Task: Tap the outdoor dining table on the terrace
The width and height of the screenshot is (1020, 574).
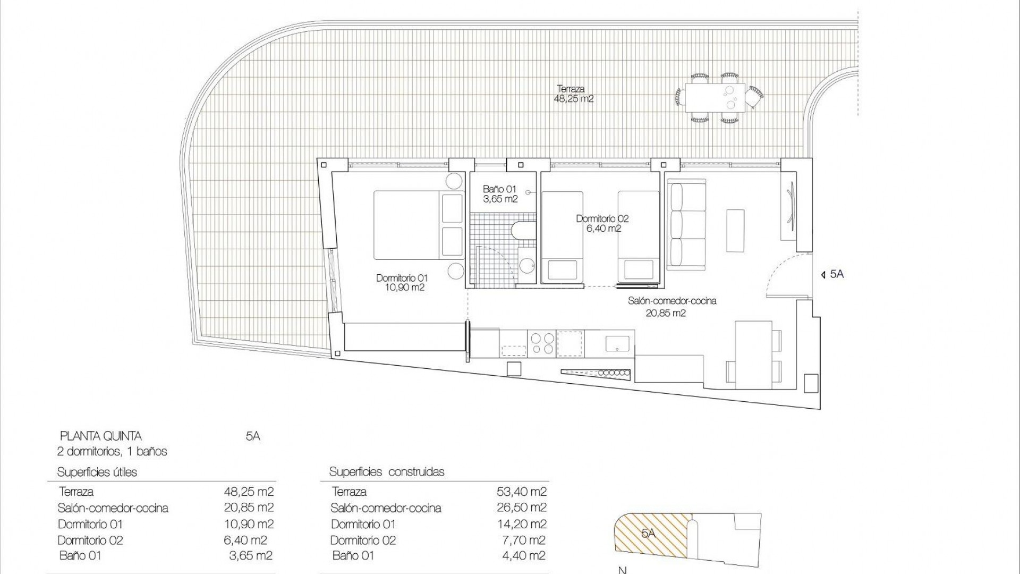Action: [715, 97]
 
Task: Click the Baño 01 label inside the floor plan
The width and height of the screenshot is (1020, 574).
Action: [499, 194]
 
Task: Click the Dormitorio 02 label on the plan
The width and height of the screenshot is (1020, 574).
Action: [602, 223]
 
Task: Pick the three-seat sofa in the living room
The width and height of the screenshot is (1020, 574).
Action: [687, 224]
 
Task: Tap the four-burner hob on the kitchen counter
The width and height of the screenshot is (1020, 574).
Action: [542, 343]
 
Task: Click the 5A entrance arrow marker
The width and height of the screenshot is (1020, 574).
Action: [832, 274]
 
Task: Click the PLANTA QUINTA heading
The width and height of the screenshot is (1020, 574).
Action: [101, 436]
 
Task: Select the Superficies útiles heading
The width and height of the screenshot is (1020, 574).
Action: [97, 472]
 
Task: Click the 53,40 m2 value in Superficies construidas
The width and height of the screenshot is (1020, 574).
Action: [521, 492]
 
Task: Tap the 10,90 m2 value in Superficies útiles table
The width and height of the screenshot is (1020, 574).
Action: [249, 524]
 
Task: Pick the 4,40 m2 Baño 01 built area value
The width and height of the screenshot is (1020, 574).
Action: [524, 556]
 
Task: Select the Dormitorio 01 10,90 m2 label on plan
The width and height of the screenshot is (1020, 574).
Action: [402, 283]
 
